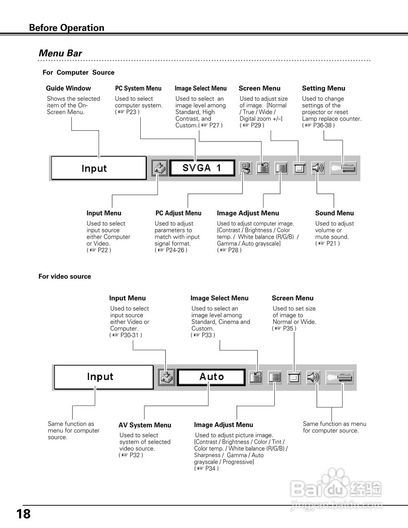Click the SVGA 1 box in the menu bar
point(202,168)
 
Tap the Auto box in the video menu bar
point(211,377)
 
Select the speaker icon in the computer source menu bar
point(318,168)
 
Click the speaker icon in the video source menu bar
point(313,377)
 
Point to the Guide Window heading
point(68,88)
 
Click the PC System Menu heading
point(138,88)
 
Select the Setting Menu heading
point(323,88)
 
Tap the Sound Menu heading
point(334,213)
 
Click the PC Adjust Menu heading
point(178,213)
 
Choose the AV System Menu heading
point(144,425)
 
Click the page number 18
point(24,514)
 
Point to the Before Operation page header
point(66,28)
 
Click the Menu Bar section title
point(60,53)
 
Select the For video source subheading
point(64,276)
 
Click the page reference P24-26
point(174,250)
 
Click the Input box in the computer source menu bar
point(99,168)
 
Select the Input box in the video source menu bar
point(104,377)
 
